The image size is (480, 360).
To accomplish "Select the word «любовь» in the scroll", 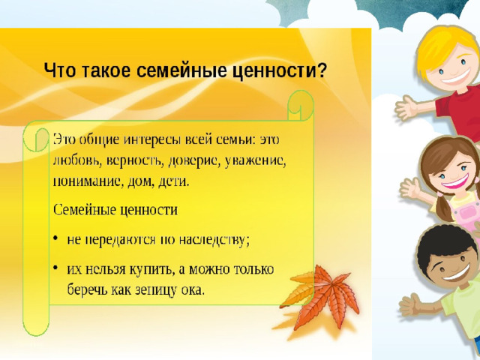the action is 77,160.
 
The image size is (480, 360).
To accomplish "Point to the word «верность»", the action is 133,160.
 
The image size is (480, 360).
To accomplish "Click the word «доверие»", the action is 194,161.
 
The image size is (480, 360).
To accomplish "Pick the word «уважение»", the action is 256,161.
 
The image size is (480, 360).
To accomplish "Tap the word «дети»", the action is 173,181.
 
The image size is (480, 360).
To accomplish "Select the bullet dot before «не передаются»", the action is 55,238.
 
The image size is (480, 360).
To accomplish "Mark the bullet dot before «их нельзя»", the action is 55,268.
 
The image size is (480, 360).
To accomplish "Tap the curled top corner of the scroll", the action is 301,106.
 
